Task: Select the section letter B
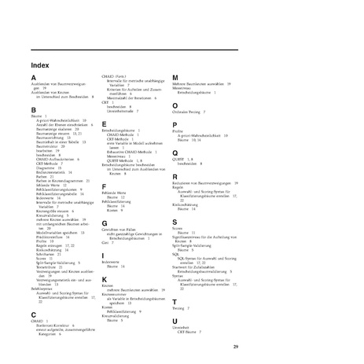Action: point(34,109)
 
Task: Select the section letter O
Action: point(175,105)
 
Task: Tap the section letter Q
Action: point(175,152)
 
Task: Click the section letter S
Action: point(175,222)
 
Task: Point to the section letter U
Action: point(175,322)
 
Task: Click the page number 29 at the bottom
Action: point(235,346)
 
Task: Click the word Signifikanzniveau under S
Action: point(191,237)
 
